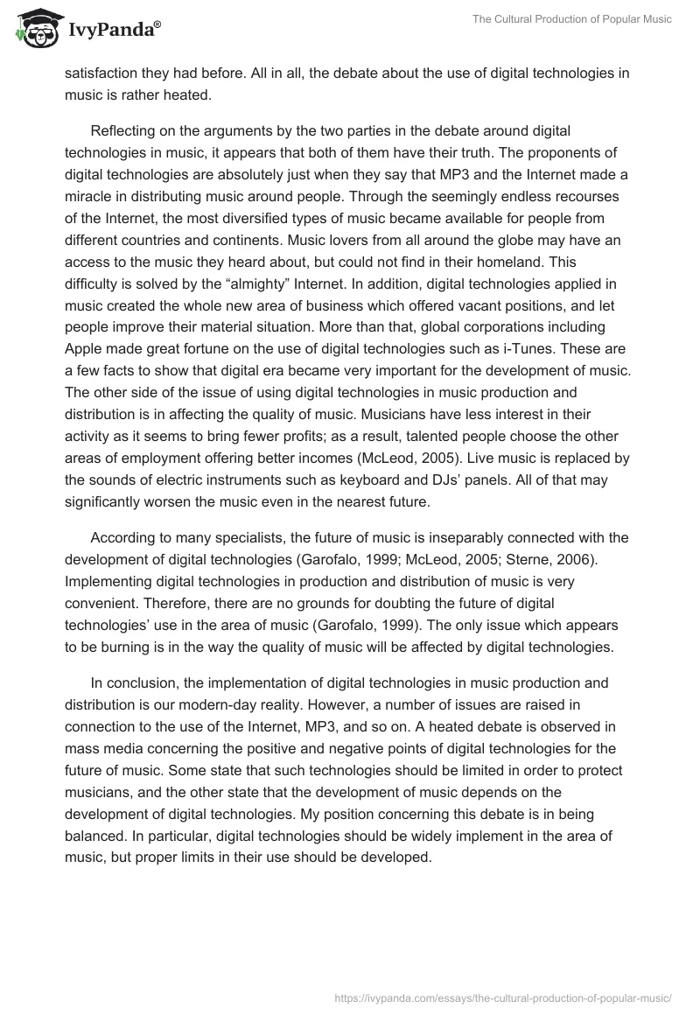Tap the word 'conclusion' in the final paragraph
point(143,682)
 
